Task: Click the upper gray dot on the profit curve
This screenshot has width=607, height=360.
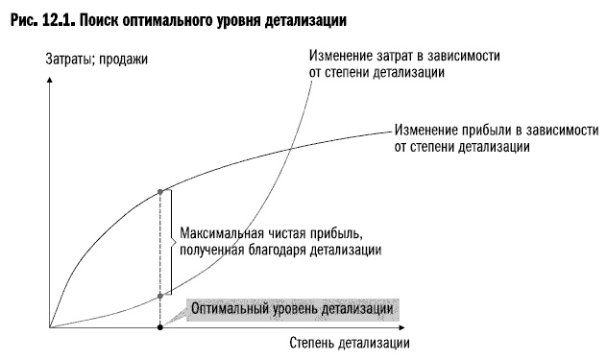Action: click(x=159, y=192)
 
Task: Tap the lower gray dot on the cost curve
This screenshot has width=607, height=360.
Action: click(x=159, y=297)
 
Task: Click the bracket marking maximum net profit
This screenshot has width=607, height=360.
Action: click(x=171, y=242)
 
